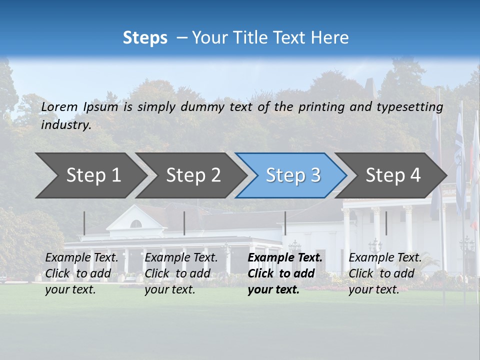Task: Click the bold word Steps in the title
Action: (145, 38)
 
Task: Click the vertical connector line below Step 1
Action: (84, 223)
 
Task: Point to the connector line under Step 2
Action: (184, 223)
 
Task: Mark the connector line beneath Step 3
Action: (285, 223)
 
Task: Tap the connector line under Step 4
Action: (386, 223)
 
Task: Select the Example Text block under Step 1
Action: (81, 273)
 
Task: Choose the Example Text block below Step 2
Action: (181, 273)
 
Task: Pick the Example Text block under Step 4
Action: (385, 273)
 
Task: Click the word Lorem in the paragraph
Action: (59, 107)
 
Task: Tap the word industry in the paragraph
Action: (65, 125)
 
